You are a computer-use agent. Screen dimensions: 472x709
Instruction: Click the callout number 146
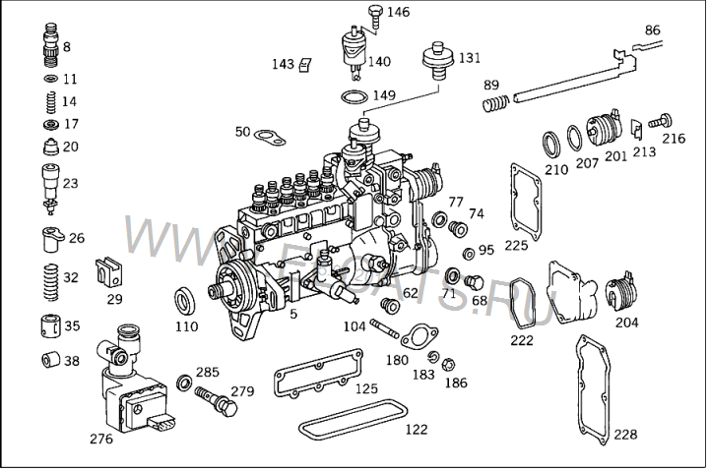click(x=398, y=13)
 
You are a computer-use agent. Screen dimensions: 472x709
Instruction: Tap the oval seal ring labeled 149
click(x=354, y=97)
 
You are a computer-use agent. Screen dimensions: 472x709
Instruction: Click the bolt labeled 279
click(x=214, y=399)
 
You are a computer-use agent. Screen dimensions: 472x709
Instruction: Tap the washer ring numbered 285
click(x=184, y=381)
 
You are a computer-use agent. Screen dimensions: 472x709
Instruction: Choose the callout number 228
click(x=624, y=434)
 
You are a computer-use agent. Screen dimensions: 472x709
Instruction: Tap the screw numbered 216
click(x=662, y=121)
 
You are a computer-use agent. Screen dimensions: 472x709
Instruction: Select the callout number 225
click(x=516, y=245)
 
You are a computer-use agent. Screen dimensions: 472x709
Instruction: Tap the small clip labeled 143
click(x=306, y=65)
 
